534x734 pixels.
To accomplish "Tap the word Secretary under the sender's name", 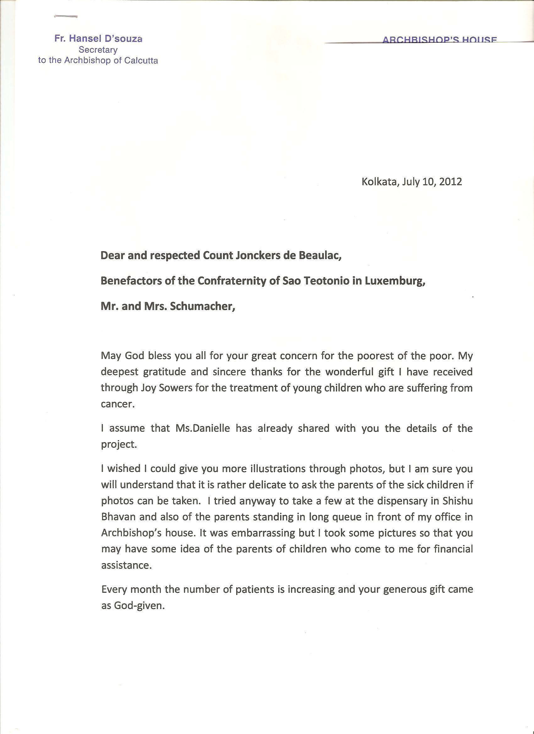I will click(98, 50).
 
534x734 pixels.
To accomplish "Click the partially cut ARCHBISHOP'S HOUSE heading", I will click(439, 40).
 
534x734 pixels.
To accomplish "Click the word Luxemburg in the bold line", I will click(395, 281).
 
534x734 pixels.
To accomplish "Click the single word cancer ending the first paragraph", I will click(117, 404).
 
